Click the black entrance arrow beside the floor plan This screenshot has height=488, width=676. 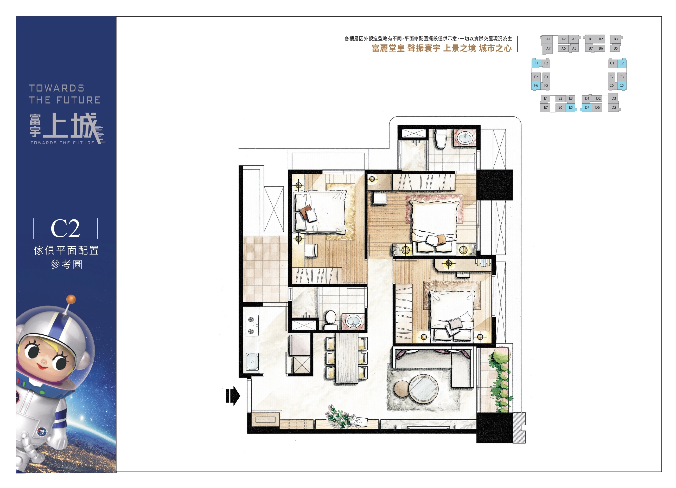233,396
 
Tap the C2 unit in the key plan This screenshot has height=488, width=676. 621,63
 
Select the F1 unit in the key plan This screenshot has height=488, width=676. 536,63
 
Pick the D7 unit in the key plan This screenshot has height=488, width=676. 587,107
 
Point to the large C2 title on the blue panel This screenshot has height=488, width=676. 66,228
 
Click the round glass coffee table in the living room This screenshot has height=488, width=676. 423,389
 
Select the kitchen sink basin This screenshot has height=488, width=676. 252,361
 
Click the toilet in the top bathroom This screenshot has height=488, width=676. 440,139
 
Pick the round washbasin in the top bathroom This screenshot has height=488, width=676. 465,138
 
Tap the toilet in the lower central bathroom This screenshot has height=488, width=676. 330,320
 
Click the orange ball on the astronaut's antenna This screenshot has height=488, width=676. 71,299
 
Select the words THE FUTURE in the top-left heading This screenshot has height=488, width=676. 65,100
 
